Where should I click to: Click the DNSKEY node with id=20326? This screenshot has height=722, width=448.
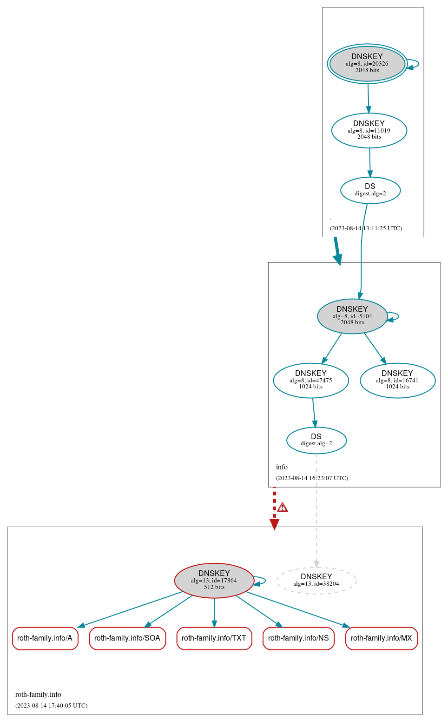coord(367,64)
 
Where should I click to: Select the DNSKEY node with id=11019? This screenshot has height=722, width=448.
coord(369,131)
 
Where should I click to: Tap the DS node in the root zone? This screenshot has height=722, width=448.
coord(370,190)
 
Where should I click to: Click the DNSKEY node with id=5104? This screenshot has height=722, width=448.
coord(352,316)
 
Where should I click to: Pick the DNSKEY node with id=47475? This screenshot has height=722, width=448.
coord(310,381)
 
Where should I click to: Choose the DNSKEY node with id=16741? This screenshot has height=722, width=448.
coord(397,381)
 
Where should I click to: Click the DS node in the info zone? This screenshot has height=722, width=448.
coord(316,440)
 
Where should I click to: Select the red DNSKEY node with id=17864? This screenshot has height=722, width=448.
coord(214,581)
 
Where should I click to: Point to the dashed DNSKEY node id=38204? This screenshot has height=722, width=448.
coord(316,581)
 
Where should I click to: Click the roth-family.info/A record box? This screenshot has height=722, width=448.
coord(45,638)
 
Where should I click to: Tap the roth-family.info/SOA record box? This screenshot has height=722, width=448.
coord(127,638)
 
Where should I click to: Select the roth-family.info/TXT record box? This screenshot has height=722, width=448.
coord(214,638)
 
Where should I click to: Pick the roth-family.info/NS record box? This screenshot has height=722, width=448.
coord(298,638)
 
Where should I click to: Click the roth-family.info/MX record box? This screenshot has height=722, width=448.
coord(381,638)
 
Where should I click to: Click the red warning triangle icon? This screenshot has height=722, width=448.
coord(282,508)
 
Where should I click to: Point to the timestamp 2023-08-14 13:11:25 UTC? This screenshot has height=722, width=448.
coord(366,228)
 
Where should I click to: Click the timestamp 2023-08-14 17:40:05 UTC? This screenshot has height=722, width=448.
coord(51,706)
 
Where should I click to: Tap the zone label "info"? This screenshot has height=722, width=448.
coord(282,467)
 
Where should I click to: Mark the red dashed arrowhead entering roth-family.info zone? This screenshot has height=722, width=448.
coord(274,524)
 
